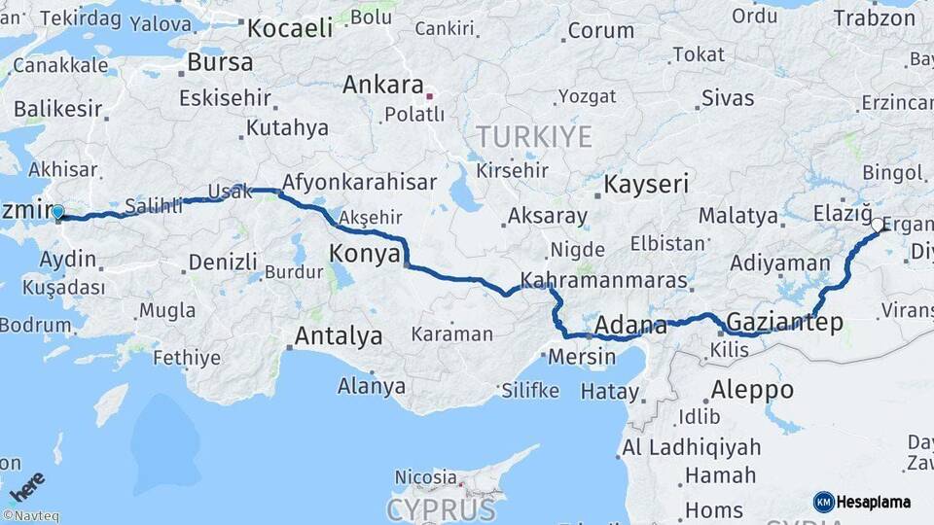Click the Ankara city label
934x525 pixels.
coord(382,85)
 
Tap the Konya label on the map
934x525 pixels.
coord(365,254)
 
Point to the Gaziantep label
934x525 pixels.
coord(784,323)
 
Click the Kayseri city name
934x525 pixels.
coord(646,184)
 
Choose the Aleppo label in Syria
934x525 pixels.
coord(751,390)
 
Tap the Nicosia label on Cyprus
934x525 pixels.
coord(425,477)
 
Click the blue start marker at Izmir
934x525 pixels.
coord(57,212)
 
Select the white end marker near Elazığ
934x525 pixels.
coord(878,225)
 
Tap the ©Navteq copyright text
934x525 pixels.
coord(30,516)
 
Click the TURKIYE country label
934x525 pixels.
coord(533,137)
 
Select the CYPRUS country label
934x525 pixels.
coord(441,508)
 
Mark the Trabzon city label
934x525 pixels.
coord(875,17)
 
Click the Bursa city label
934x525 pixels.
coord(220,62)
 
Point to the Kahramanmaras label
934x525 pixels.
coord(604,281)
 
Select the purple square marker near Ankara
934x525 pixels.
coord(429,96)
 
